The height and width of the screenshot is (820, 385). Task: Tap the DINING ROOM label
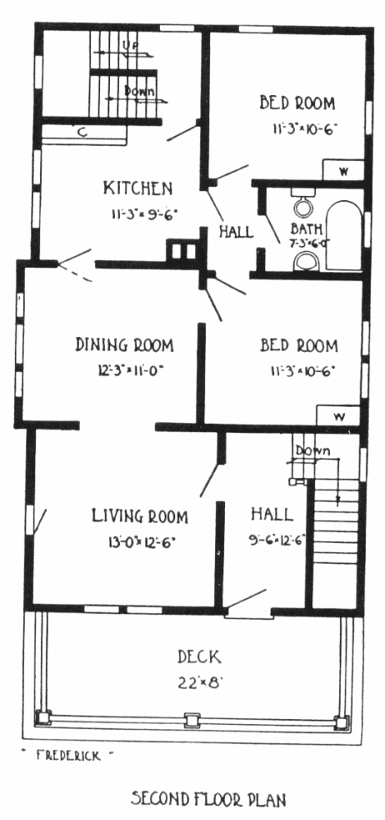(125, 345)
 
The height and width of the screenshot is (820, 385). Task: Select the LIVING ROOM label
(140, 516)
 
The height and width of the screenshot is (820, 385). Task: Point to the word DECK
(199, 656)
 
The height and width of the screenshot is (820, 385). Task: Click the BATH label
(306, 229)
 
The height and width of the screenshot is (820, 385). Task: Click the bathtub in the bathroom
(345, 236)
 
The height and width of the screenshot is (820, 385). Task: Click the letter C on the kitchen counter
(82, 133)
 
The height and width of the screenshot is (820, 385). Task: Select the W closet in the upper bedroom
(343, 170)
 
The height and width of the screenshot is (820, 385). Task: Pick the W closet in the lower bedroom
(339, 417)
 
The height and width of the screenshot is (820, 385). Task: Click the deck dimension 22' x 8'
(199, 682)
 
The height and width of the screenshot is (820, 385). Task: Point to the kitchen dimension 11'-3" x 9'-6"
(144, 213)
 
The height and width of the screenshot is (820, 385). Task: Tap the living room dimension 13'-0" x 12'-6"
(141, 542)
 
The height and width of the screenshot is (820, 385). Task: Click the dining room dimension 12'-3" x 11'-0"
(131, 371)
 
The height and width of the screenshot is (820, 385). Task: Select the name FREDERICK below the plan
(68, 755)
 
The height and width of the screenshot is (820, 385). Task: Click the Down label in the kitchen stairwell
(140, 90)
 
